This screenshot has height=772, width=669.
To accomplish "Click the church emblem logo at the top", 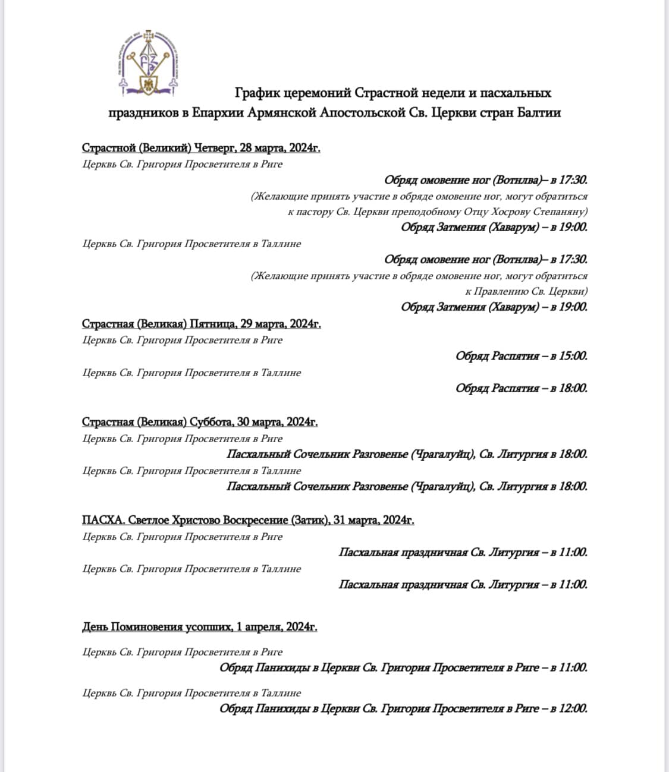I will pyautogui.click(x=149, y=62).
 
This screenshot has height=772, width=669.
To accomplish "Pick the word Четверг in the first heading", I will pyautogui.click(x=215, y=147).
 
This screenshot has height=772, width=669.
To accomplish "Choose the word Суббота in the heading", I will pyautogui.click(x=211, y=422).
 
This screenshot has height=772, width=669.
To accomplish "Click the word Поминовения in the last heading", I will pyautogui.click(x=150, y=627).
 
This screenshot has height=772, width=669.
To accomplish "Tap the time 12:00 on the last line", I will pyautogui.click(x=573, y=708).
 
